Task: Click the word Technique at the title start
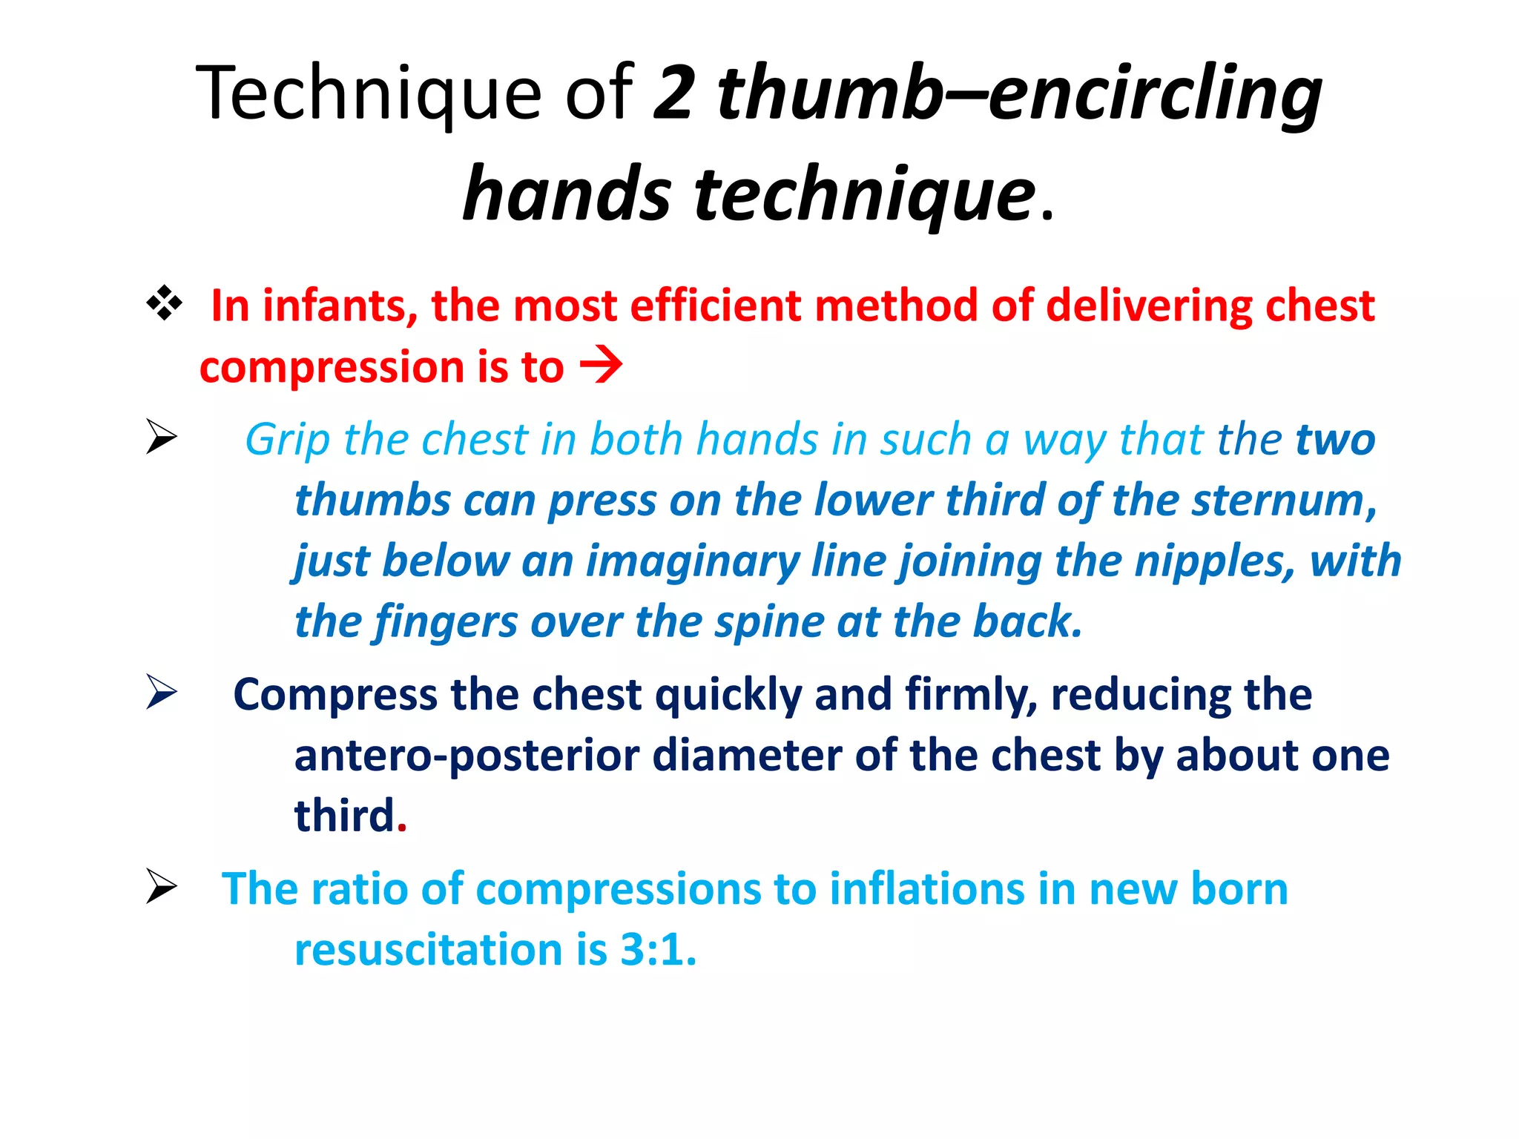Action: (x=369, y=94)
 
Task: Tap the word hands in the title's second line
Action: (x=567, y=194)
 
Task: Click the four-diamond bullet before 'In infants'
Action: (x=165, y=304)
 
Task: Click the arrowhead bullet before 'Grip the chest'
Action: (x=161, y=436)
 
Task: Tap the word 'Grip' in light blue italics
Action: (x=287, y=440)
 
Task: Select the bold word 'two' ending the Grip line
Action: (x=1335, y=440)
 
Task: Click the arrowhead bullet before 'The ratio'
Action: (x=161, y=886)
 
